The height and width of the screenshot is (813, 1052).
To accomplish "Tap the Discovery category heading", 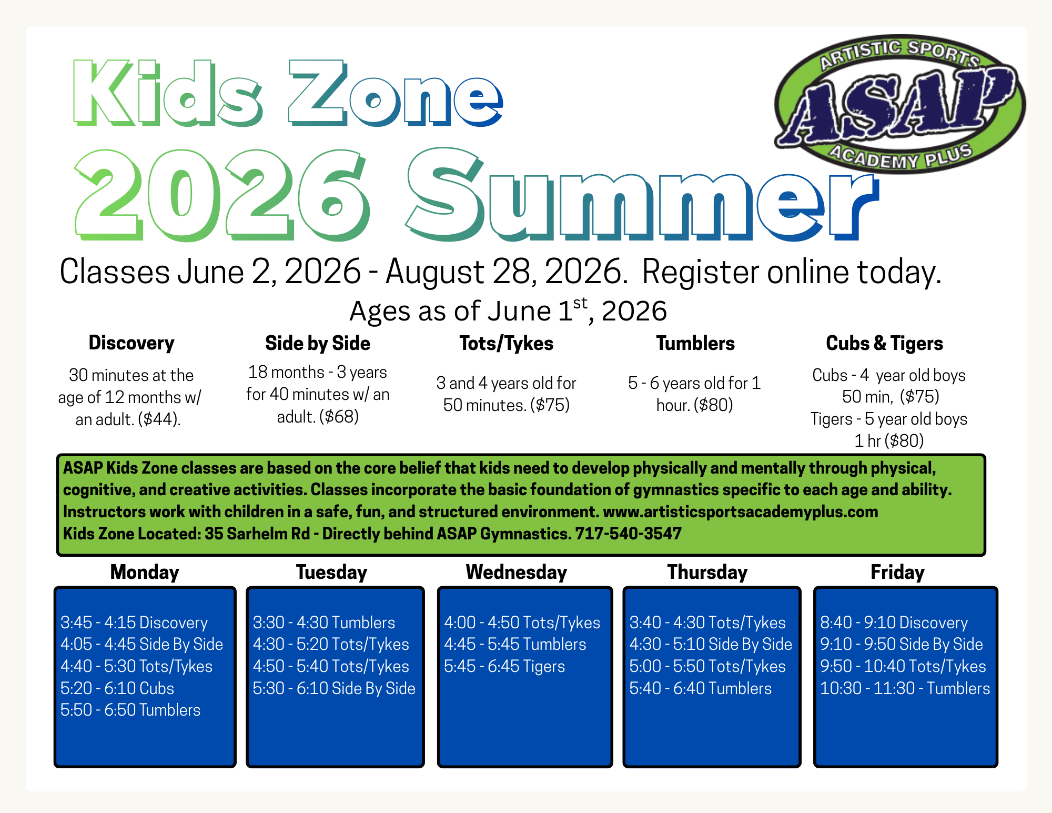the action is (x=131, y=343).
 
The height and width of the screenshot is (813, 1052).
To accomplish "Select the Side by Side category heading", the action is (x=318, y=344).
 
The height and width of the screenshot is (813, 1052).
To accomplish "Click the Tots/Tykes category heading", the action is (x=507, y=344).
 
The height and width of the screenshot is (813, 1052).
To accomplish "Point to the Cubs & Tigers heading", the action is (x=885, y=344).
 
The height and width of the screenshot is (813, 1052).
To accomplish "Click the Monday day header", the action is (x=145, y=572).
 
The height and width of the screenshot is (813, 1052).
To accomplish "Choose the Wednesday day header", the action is (x=517, y=572).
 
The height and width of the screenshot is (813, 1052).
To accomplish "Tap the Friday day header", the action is (x=897, y=572).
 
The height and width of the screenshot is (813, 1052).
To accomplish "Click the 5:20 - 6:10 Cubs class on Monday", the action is (x=117, y=688).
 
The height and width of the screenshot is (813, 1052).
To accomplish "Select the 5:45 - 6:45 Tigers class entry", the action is (x=504, y=666).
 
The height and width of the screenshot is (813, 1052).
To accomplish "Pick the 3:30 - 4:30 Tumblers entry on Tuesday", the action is (x=324, y=623).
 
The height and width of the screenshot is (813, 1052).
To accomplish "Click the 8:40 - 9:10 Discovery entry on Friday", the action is (x=894, y=623).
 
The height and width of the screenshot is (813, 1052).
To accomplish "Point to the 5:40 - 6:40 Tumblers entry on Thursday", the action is (x=701, y=688).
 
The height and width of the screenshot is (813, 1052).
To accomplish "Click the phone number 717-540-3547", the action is (x=629, y=534).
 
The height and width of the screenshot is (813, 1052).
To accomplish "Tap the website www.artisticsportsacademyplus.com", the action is (x=741, y=512).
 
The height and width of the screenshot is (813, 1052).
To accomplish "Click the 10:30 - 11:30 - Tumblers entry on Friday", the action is (x=905, y=688).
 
